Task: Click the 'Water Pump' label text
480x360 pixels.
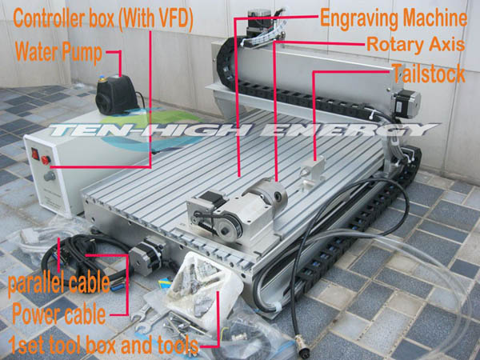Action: point(58,52)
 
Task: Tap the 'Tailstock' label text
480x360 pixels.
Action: point(428,74)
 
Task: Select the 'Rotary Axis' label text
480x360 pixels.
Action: point(416,45)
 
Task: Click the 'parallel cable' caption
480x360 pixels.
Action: point(58,283)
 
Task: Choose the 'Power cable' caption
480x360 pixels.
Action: point(58,314)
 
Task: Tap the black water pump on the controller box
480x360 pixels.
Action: point(116,94)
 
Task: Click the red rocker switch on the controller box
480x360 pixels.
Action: point(35,154)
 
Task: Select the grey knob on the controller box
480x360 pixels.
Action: point(50,176)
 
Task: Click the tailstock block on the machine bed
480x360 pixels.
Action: point(312,173)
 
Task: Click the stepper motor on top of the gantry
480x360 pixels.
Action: point(259,22)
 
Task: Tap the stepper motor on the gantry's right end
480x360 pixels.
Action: point(407,103)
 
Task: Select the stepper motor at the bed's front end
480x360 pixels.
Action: point(146,257)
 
